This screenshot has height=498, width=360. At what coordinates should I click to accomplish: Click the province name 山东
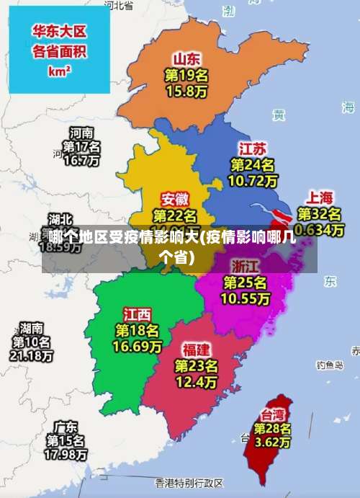point(186,58)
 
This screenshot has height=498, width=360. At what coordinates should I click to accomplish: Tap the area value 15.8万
point(186,92)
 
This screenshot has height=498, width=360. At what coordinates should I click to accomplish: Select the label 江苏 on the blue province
point(252,149)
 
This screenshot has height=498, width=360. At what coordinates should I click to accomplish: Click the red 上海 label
point(320,197)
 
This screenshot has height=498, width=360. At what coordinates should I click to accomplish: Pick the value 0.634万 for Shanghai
point(320,230)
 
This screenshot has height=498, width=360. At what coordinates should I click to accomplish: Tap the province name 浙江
point(246,264)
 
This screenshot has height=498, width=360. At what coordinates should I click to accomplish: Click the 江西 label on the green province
point(137,314)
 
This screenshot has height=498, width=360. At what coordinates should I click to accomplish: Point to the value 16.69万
point(137,347)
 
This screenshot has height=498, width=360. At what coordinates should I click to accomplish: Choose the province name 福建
point(196,350)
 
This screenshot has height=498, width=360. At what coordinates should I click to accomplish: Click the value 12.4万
point(196,383)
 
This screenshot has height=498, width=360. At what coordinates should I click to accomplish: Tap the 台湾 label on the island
point(272,414)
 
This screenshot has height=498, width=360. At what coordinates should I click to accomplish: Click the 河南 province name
point(81,133)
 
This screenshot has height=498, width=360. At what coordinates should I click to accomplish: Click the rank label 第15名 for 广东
point(66,440)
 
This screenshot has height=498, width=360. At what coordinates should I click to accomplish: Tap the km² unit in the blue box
point(59,71)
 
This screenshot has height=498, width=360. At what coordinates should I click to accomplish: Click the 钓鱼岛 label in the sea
point(330,365)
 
